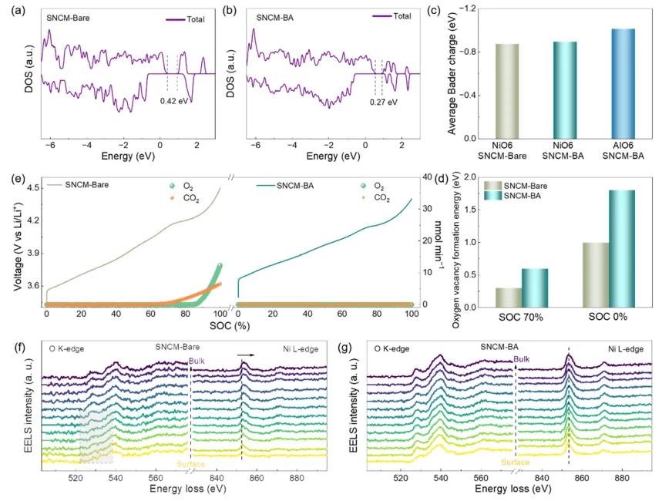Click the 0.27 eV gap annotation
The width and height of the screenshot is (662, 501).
(x=382, y=101)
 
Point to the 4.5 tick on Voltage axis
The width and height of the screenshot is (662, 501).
(x=32, y=188)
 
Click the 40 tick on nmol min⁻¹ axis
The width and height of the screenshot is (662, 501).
(x=434, y=177)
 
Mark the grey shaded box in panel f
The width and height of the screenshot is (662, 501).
(x=96, y=436)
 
